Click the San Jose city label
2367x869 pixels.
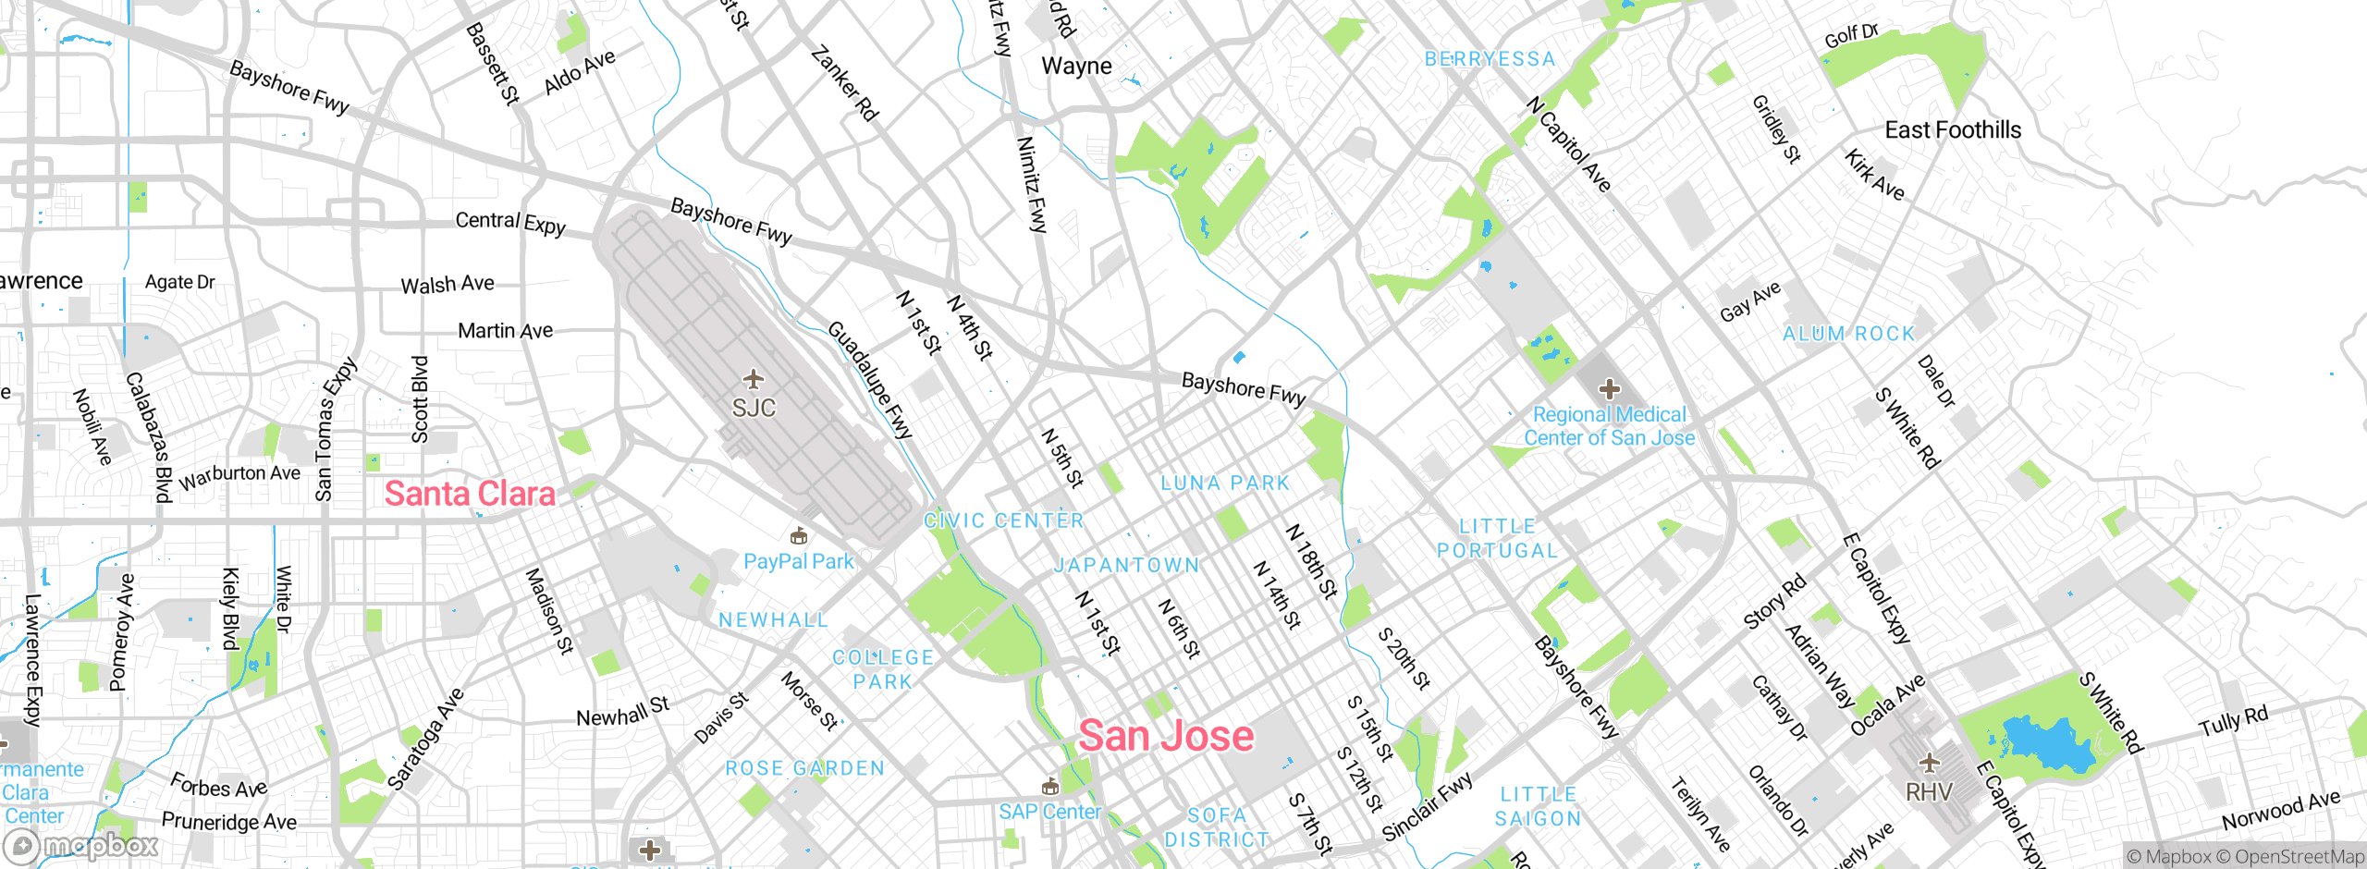pos(1166,736)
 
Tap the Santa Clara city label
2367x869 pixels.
pos(470,494)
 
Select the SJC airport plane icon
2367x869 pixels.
pos(754,379)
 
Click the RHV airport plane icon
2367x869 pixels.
pos(1929,764)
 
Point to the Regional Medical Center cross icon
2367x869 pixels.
pos(1610,389)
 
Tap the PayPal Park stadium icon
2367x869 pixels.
pos(799,535)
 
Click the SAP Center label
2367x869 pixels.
pos(1049,812)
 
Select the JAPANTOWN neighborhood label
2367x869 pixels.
pos(1127,565)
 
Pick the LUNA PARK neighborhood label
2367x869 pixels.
pos(1225,483)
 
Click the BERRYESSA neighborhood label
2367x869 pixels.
pos(1490,59)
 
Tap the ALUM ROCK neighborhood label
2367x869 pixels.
pos(1848,334)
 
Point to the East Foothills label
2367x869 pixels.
pos(1953,130)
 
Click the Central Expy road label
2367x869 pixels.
pos(510,222)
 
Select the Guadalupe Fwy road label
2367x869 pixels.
pos(869,380)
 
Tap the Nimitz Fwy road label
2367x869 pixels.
pos(1031,184)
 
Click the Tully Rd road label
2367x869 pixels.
pos(2233,720)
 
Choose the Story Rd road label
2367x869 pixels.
pos(1774,602)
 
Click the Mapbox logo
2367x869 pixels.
pos(81,846)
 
